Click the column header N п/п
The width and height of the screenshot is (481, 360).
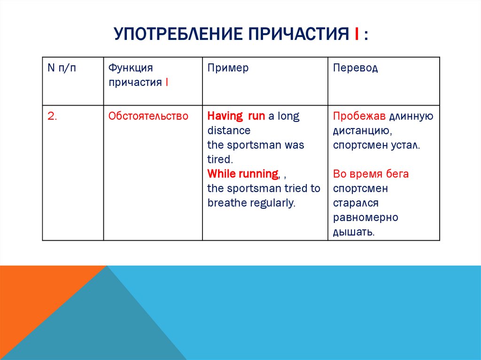(x=61, y=68)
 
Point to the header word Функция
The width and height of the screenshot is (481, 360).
(x=131, y=68)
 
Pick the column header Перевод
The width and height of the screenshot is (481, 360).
(x=355, y=68)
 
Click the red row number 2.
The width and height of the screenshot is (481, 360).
(x=52, y=116)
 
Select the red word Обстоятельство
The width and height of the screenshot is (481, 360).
(x=148, y=116)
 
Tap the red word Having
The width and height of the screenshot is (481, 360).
(x=224, y=116)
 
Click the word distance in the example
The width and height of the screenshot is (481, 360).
(x=229, y=130)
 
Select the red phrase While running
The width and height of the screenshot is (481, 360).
(x=243, y=174)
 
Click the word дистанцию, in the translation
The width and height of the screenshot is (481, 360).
(x=359, y=131)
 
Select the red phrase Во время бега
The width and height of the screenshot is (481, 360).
(x=371, y=174)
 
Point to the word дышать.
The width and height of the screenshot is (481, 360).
(x=353, y=232)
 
